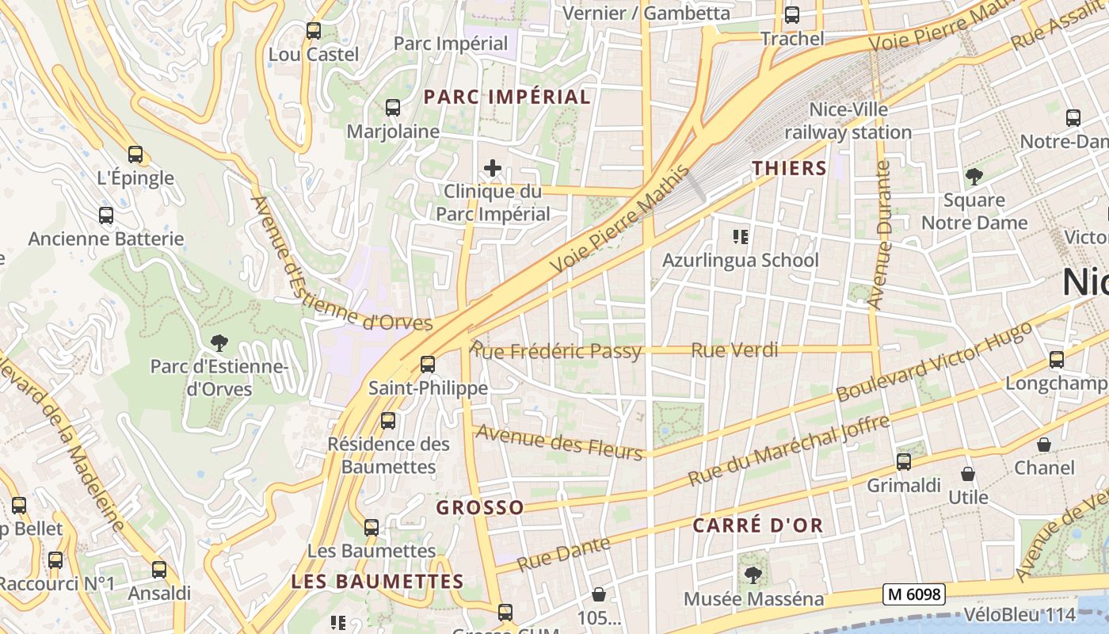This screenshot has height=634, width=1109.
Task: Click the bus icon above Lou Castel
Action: coord(314,31)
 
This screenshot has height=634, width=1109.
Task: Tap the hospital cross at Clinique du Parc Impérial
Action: coord(493,168)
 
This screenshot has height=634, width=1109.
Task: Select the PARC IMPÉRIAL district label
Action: coord(507,97)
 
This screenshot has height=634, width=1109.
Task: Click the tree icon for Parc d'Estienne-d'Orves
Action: coord(219,343)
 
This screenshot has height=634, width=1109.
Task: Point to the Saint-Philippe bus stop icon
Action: coord(428,364)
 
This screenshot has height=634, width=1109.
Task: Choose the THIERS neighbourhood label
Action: coord(789,168)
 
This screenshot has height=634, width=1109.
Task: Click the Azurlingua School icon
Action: coord(741,236)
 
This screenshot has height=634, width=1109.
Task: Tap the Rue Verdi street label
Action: coord(734,349)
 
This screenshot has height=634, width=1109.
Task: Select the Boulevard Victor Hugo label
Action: coord(935,361)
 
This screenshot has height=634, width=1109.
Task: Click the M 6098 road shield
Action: coord(914,594)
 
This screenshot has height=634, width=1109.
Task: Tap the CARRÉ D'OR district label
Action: coord(758,525)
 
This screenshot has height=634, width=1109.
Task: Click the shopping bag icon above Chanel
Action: coord(1044,445)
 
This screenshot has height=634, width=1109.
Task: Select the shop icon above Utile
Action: coord(968,474)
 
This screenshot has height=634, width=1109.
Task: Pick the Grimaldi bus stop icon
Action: coord(904,461)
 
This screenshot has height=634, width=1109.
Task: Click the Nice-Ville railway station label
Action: coord(848,121)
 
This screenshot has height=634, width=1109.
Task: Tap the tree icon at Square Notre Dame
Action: coord(974,176)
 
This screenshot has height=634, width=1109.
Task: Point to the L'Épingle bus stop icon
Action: coord(135,155)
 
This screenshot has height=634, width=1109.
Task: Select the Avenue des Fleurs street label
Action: coord(558,443)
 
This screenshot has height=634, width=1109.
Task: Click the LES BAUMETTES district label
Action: coord(377,581)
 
